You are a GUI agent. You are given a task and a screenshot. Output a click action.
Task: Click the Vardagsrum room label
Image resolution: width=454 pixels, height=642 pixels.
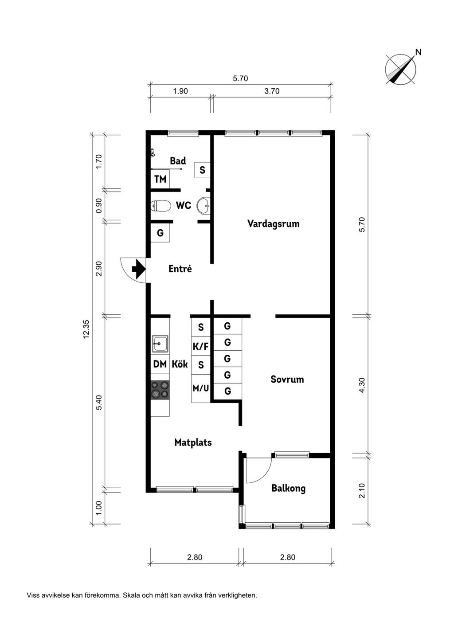coord(273,224)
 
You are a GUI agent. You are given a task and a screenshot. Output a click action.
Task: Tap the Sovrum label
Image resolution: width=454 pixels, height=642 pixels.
coord(287,380)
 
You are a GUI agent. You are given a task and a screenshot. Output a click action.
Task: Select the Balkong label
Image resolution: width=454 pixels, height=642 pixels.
coord(288,489)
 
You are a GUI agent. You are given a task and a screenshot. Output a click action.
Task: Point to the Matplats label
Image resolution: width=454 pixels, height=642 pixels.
coord(193,442)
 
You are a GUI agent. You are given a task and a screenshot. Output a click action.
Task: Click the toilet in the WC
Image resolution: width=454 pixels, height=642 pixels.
coord(160,206)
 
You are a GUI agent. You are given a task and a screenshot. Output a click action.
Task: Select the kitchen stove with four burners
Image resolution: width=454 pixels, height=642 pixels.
coord(160,390)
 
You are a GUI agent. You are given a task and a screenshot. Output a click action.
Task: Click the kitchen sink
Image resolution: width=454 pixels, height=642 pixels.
coord(160,343)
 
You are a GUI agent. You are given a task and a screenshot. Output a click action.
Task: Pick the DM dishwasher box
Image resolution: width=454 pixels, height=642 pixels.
coord(160,364)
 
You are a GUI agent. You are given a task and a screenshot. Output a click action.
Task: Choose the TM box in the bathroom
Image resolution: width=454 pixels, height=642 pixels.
coord(160,179)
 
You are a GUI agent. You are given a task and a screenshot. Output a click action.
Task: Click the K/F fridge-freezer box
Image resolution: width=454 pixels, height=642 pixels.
coord(201,347)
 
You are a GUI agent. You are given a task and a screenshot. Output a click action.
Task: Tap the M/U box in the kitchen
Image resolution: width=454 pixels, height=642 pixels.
coord(201,388)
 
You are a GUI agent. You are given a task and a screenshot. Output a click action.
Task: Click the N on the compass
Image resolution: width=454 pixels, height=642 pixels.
coord(419,52)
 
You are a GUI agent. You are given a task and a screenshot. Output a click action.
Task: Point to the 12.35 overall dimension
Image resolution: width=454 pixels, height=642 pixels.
coord(86,329)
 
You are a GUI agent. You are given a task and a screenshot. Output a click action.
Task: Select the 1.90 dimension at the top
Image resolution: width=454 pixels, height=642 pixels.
coord(180,91)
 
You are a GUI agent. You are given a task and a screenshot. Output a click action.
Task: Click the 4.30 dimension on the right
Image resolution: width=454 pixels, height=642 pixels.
coord(362,385)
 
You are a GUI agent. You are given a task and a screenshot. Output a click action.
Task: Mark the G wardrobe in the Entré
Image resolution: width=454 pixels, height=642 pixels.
coord(160,233)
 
